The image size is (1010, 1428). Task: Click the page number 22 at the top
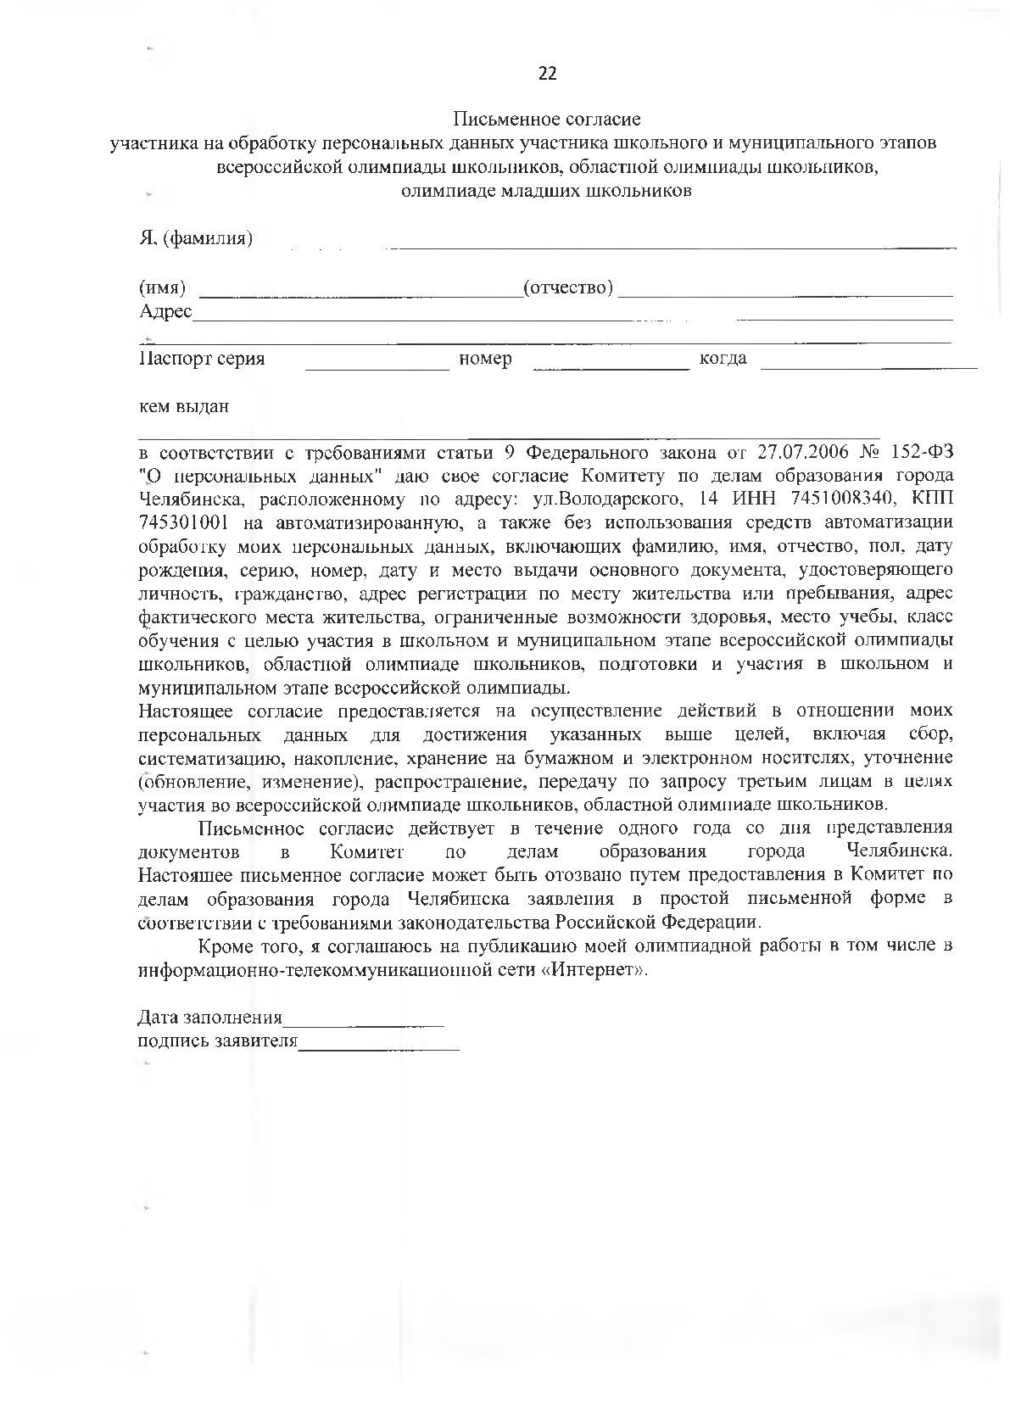tap(547, 74)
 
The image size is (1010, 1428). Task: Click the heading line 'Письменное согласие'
tap(547, 119)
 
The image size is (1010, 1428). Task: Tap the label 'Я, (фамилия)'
tap(196, 238)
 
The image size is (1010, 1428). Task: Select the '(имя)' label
tap(163, 287)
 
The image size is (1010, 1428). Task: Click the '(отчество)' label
tap(568, 287)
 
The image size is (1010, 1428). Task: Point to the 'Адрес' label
tap(165, 312)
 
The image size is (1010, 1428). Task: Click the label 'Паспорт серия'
tap(202, 359)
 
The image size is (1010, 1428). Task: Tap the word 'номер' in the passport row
tap(485, 359)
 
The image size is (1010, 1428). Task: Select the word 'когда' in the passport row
tap(723, 359)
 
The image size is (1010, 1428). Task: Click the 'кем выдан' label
tap(184, 406)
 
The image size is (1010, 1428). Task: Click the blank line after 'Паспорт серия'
tap(377, 367)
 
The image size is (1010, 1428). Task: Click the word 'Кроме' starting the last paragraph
tap(222, 946)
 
